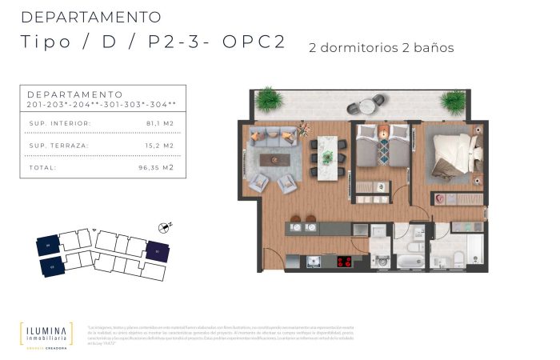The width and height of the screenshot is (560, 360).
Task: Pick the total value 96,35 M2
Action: (156, 168)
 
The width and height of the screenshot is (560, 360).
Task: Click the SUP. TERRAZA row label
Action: (59, 146)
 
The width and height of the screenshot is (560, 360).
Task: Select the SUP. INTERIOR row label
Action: (59, 123)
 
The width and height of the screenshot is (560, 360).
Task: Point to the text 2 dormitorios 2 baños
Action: (381, 48)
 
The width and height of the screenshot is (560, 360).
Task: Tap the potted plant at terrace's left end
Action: (269, 100)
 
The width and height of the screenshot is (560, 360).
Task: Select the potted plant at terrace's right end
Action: (454, 101)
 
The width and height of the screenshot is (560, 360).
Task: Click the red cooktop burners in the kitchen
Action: (345, 261)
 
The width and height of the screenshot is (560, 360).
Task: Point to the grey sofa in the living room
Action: (274, 135)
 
